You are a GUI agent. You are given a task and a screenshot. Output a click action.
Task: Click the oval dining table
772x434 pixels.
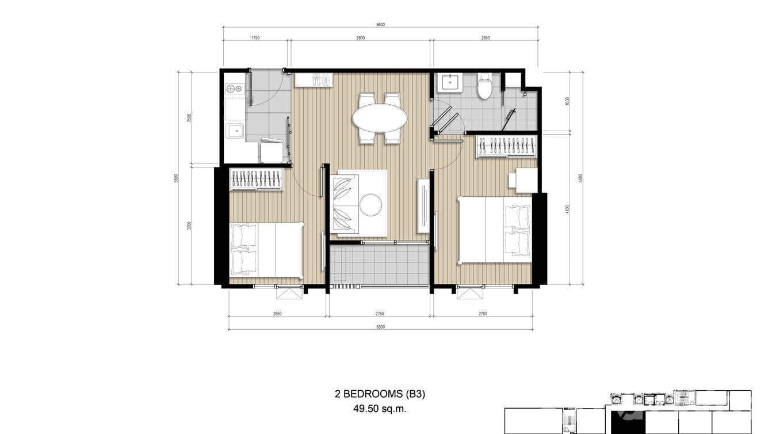(380, 118)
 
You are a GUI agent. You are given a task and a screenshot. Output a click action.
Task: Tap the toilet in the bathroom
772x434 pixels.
(485, 86)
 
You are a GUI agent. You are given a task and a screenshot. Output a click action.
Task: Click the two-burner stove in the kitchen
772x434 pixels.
(234, 89)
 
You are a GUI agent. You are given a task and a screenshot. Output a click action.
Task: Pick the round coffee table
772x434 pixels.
(371, 204)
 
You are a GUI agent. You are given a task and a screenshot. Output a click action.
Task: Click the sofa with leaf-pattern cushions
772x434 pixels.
(345, 203)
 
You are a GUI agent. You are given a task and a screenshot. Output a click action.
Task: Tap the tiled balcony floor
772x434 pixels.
(380, 266)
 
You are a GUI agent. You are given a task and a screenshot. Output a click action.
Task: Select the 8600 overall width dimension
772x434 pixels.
(380, 25)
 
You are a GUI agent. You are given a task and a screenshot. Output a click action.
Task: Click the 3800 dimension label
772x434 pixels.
(360, 38)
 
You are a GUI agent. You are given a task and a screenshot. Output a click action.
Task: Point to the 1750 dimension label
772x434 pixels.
(255, 38)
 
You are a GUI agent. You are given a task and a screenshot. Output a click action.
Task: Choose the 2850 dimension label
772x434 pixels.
(486, 38)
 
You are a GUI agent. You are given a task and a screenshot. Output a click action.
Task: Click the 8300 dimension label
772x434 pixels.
(380, 327)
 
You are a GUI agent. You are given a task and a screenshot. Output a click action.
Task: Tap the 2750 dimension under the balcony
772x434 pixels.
(380, 314)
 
